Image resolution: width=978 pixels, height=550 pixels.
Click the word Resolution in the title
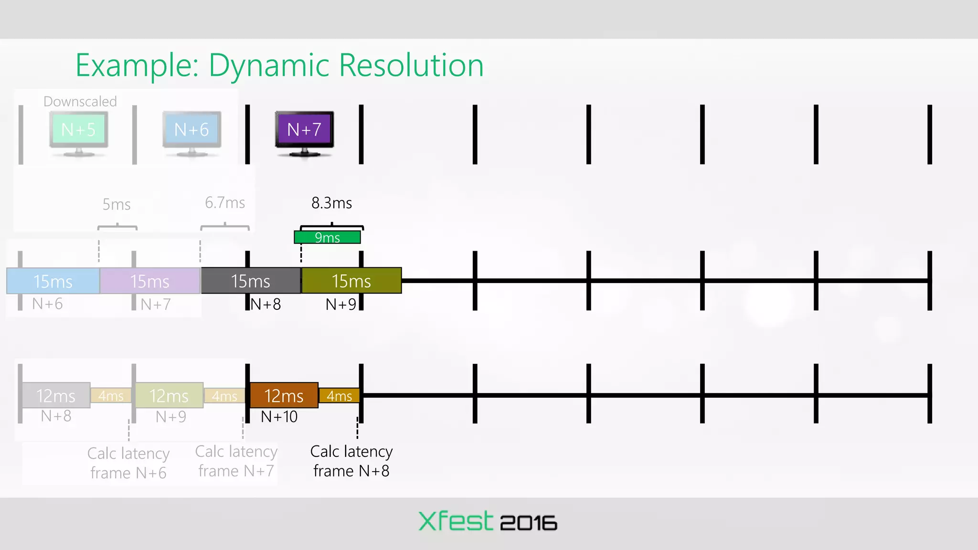411,65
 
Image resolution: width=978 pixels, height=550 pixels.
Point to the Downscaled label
80,101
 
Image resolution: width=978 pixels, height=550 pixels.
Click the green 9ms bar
327,237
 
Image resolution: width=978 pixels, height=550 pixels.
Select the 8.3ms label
331,203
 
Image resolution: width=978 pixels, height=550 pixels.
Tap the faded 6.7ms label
225,202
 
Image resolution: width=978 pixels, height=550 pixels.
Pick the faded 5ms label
117,204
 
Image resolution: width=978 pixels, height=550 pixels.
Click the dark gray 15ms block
251,281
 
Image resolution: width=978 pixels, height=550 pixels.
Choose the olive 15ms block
351,281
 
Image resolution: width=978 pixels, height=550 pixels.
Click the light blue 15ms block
53,281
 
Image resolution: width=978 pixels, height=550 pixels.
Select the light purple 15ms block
150,281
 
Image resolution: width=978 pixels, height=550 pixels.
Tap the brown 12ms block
284,395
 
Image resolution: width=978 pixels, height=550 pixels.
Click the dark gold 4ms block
339,396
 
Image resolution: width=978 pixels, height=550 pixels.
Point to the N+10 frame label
279,417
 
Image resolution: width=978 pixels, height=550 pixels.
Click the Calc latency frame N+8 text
351,461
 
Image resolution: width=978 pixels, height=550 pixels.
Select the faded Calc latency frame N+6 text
128,463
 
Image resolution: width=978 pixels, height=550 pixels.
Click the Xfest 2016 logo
488,521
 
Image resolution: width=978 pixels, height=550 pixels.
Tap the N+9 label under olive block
340,304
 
